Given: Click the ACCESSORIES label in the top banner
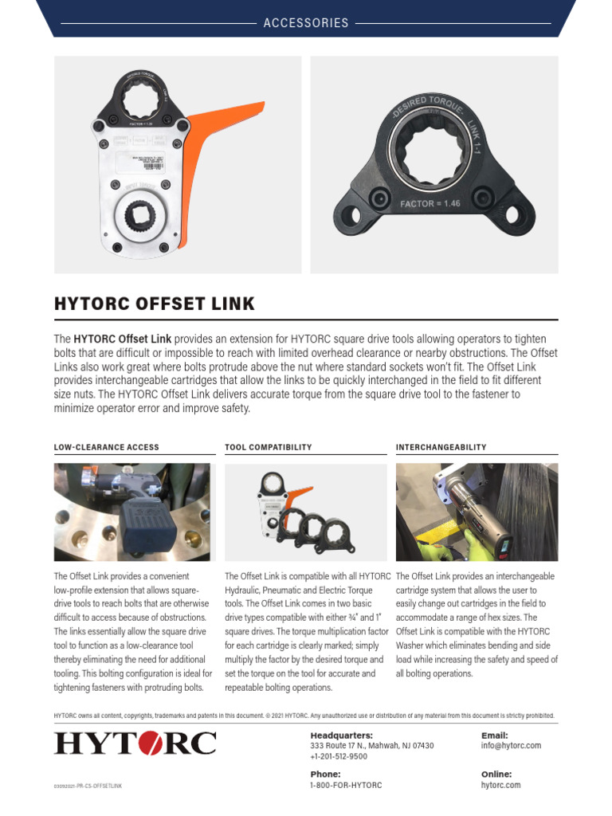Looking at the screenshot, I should coord(306,23).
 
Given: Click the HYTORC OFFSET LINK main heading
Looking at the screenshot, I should coord(155,304).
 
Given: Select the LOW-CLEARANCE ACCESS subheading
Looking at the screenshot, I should coord(106,448).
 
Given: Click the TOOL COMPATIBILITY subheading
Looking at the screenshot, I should coord(268,448).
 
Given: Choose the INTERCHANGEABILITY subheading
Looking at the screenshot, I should coord(441,448).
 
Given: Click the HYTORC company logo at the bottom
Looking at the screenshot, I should coord(135,744).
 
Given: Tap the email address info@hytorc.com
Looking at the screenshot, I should coord(511,746).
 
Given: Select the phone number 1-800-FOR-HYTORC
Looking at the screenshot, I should coord(346,785).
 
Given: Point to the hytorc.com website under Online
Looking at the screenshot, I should coord(500,785).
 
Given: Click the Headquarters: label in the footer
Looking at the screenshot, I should coord(341,735).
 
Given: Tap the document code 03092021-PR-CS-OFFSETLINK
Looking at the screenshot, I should coord(88,787).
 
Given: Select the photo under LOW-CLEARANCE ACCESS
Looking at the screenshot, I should coord(132,512).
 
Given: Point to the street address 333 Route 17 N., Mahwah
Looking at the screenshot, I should coord(371,746).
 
